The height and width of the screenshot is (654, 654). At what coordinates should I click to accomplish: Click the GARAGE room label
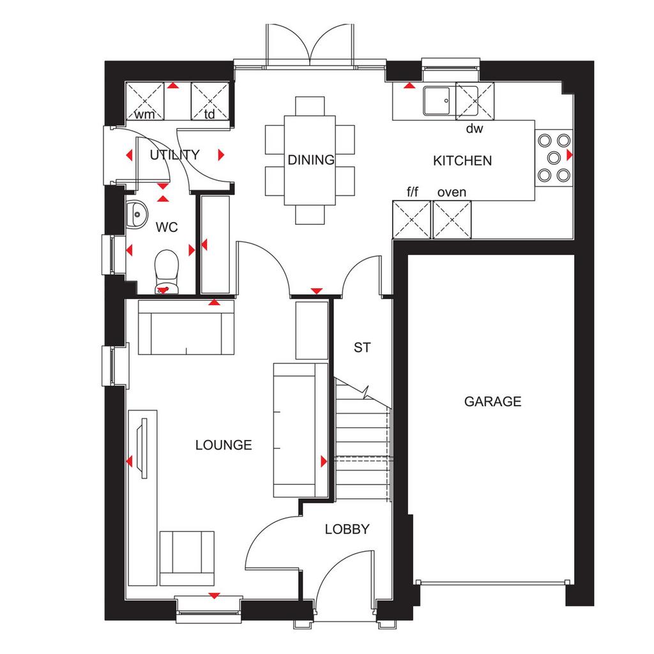(492, 401)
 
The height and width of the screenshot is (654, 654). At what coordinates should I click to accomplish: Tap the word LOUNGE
(224, 445)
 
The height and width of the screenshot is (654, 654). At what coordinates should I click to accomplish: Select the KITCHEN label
(462, 160)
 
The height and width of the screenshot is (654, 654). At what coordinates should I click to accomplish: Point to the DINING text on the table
(311, 160)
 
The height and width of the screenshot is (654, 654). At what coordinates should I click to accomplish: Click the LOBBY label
(347, 529)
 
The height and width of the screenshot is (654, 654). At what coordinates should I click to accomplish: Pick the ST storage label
(361, 347)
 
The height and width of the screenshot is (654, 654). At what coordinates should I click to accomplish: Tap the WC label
(167, 227)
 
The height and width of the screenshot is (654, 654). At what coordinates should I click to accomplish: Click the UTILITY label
(174, 155)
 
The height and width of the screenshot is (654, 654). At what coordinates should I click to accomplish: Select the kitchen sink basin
(437, 100)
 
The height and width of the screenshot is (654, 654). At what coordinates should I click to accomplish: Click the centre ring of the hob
(554, 158)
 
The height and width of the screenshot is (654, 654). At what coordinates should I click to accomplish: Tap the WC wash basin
(137, 215)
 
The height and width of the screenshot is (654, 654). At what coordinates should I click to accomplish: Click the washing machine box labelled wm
(145, 102)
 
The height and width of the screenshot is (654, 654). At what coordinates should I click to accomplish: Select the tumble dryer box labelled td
(209, 102)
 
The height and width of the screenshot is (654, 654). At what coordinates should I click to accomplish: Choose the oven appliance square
(452, 220)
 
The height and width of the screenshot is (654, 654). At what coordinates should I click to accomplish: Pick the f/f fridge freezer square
(412, 220)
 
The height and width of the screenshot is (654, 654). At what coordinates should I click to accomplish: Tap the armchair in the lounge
(187, 558)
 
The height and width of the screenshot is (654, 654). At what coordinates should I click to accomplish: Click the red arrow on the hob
(569, 155)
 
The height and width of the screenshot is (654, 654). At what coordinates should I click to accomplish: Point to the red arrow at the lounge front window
(214, 596)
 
